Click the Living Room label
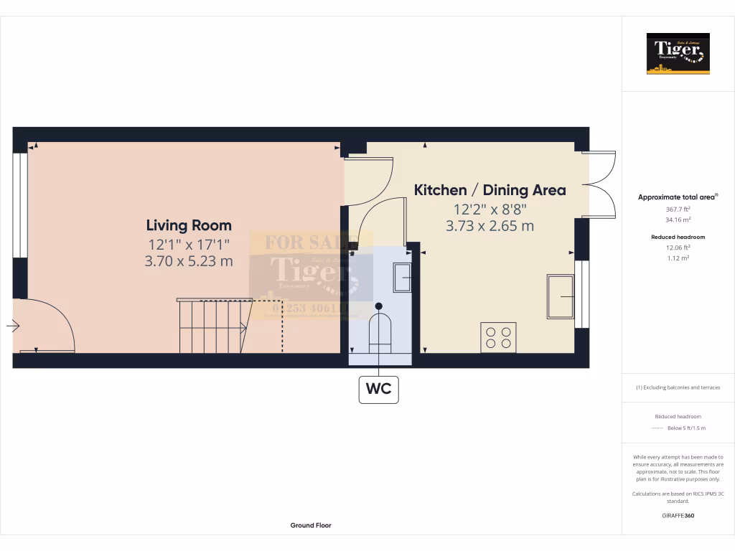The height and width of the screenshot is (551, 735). pyautogui.click(x=189, y=225)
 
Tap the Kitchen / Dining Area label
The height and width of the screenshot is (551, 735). pyautogui.click(x=490, y=190)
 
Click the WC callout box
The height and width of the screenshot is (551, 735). pyautogui.click(x=378, y=389)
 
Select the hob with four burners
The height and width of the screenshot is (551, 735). pyautogui.click(x=498, y=337)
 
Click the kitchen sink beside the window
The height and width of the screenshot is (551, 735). pyautogui.click(x=561, y=296)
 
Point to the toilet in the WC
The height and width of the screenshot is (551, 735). pyautogui.click(x=378, y=330)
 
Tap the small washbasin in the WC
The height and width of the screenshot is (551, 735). pyautogui.click(x=402, y=277)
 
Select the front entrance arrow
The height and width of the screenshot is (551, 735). pyautogui.click(x=13, y=326)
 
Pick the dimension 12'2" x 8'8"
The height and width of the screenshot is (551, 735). pyautogui.click(x=490, y=209)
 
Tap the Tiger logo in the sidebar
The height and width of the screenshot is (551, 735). pyautogui.click(x=678, y=53)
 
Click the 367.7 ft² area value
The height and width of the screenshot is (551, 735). pyautogui.click(x=678, y=209)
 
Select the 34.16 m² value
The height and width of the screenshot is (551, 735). pyautogui.click(x=678, y=220)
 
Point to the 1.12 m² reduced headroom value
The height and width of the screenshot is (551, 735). pyautogui.click(x=678, y=258)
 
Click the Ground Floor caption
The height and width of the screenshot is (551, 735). pyautogui.click(x=311, y=525)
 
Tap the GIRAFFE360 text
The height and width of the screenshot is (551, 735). pyautogui.click(x=678, y=515)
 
